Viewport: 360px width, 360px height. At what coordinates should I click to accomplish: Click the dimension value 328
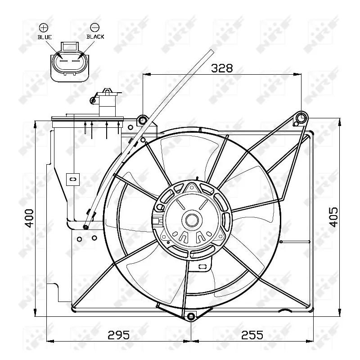pos(221,68)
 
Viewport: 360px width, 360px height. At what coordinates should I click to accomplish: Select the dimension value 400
pos(29,218)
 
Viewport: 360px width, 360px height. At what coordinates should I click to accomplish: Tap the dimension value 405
pos(333,217)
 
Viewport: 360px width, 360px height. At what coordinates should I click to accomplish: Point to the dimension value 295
pos(118,335)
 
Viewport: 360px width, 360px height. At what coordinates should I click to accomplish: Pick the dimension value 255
pos(252,335)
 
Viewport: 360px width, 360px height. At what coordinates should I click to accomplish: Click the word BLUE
pos(45,37)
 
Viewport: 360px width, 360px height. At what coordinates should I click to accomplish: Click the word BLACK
pos(95,37)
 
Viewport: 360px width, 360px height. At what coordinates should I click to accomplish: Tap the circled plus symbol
pos(44,28)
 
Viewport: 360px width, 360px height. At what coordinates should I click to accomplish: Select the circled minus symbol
pos(94,27)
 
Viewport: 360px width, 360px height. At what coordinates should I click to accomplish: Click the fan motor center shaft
pos(192,220)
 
